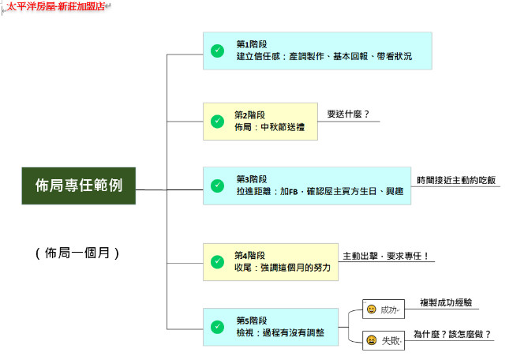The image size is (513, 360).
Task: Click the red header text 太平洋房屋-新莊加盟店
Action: point(55,6)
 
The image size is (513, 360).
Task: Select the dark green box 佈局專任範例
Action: point(79,186)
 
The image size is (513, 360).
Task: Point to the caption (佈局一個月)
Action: point(77,253)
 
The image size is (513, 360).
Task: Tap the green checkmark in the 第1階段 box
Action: point(217,51)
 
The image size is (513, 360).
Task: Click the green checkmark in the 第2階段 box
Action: point(217,122)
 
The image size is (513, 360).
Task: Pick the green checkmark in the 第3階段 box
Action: point(217,186)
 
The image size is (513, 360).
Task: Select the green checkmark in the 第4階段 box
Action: point(217,262)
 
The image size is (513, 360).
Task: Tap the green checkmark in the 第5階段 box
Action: point(217,327)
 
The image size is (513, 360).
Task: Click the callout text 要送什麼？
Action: point(348,114)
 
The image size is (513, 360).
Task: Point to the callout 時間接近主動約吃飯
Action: point(456,180)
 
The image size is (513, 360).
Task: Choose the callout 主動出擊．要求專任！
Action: point(386,256)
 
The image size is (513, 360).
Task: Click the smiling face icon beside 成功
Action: point(372,309)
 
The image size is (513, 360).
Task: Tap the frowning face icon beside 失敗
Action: point(372,340)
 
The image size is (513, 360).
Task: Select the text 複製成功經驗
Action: point(446,302)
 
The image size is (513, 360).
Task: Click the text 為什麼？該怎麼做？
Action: point(452,334)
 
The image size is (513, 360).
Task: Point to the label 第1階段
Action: point(252,44)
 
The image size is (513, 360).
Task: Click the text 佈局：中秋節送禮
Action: point(270,127)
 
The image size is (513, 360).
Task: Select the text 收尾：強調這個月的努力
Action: point(283,268)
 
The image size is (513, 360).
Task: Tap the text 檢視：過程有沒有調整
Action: point(280,333)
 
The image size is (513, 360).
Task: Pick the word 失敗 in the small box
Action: point(391,341)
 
